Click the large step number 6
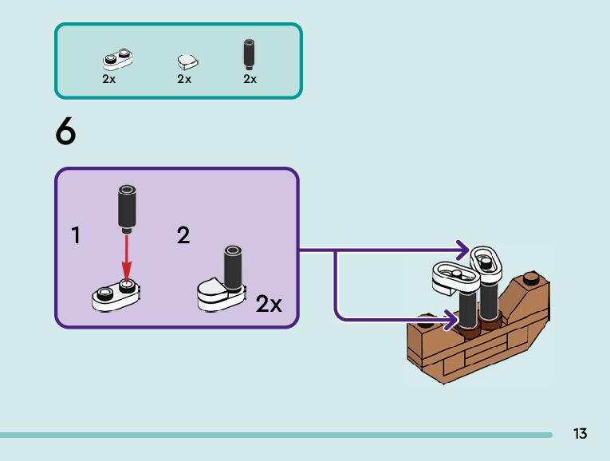click(x=65, y=131)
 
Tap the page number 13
click(x=580, y=433)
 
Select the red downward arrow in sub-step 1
click(x=127, y=256)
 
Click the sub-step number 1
click(x=76, y=235)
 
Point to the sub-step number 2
click(x=183, y=235)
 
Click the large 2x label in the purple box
click(x=269, y=303)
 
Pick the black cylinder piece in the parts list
click(x=249, y=53)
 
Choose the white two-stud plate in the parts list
click(x=117, y=59)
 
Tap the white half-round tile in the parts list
click(x=188, y=62)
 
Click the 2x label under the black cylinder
click(x=250, y=79)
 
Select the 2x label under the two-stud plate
click(x=109, y=79)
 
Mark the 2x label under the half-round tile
click(x=184, y=79)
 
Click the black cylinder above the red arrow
click(x=127, y=209)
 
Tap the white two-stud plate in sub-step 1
click(x=116, y=295)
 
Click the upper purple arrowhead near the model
click(x=463, y=250)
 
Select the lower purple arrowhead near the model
click(x=451, y=320)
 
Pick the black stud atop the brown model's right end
click(x=531, y=278)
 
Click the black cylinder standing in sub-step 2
click(x=233, y=269)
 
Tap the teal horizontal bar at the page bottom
click(x=276, y=435)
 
